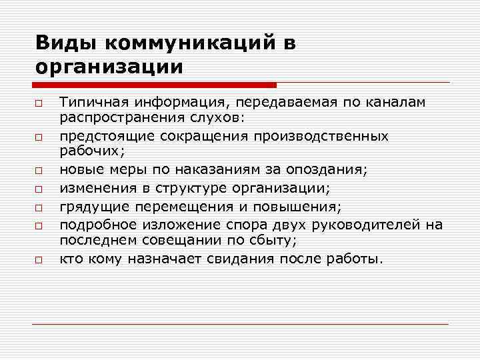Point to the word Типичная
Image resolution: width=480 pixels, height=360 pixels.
coord(89,103)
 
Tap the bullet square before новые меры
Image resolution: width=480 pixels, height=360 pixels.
coord(40,171)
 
